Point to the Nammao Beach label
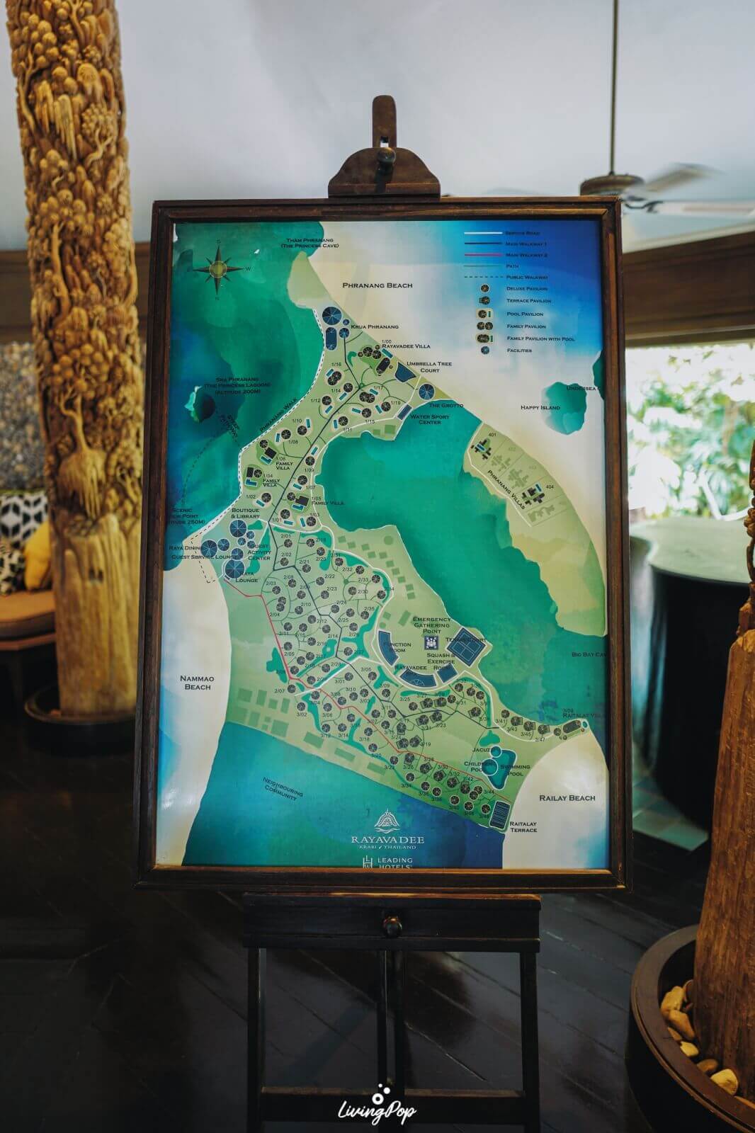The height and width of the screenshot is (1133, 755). [x=198, y=683]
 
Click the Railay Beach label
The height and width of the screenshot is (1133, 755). [x=567, y=798]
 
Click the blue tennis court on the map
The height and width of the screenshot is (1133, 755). [x=464, y=642]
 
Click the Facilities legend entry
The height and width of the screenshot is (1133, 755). [x=510, y=351]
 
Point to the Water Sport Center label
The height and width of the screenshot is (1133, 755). [x=431, y=421]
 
